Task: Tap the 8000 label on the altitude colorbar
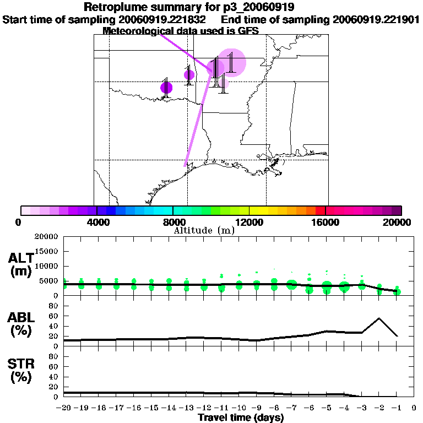point(173,223)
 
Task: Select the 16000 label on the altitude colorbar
point(326,223)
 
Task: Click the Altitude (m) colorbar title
point(204,230)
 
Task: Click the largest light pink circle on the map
point(231,62)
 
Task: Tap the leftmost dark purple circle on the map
point(166,87)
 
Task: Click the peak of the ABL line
point(379,318)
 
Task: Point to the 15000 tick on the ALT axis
point(47,251)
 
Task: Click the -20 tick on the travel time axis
point(64,408)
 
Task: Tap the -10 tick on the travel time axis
point(239,408)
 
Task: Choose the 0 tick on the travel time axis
point(414,408)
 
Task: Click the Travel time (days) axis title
point(241,417)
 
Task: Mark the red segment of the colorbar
point(320,210)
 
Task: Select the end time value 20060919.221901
point(376,19)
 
